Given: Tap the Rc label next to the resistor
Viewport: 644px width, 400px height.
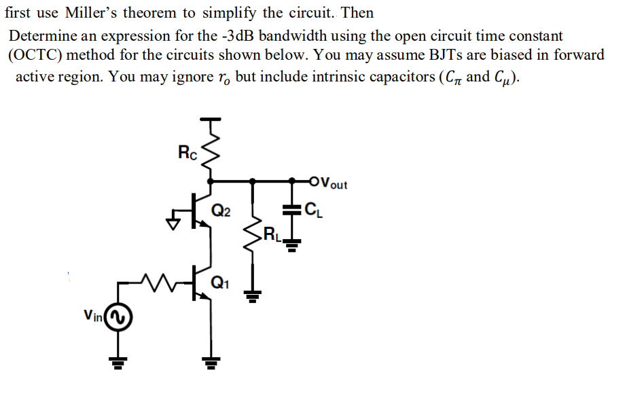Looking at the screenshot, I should pyautogui.click(x=187, y=152).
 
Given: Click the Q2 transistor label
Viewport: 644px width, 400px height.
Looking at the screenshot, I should pyautogui.click(x=221, y=212).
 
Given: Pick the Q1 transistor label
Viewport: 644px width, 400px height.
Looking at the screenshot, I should pyautogui.click(x=221, y=284).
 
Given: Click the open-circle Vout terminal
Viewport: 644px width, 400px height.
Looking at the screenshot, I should pyautogui.click(x=312, y=181).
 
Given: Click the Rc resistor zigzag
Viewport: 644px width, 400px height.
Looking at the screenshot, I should pyautogui.click(x=213, y=153).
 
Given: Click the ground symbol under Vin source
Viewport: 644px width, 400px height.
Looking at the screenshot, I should pyautogui.click(x=118, y=363).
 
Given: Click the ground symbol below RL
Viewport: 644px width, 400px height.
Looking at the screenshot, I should pyautogui.click(x=253, y=295).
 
